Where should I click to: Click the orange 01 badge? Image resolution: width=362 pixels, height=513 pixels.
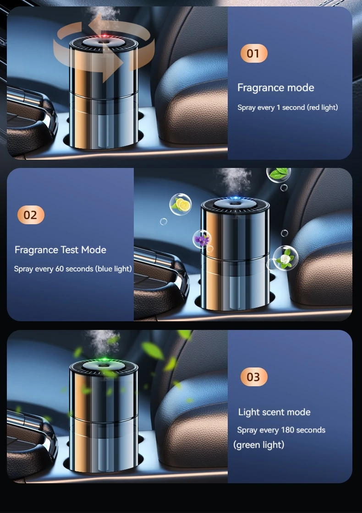click(253, 54)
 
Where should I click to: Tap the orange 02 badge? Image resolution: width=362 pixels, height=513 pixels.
click(31, 215)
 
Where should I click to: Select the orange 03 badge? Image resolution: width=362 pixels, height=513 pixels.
click(253, 377)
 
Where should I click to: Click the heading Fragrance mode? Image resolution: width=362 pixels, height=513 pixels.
click(275, 88)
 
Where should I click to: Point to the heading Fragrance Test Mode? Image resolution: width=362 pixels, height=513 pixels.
click(60, 250)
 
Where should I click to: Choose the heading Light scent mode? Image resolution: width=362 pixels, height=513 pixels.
click(274, 412)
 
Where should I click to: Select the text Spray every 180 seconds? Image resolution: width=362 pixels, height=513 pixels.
click(281, 430)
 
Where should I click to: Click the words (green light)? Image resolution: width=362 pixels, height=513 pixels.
click(259, 445)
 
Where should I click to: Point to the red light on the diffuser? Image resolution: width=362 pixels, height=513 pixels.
click(105, 36)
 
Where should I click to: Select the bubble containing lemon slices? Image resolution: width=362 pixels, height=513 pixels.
click(180, 204)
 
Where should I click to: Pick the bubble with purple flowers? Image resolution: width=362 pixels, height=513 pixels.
click(202, 239)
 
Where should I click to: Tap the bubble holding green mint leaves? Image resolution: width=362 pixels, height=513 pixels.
click(278, 173)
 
